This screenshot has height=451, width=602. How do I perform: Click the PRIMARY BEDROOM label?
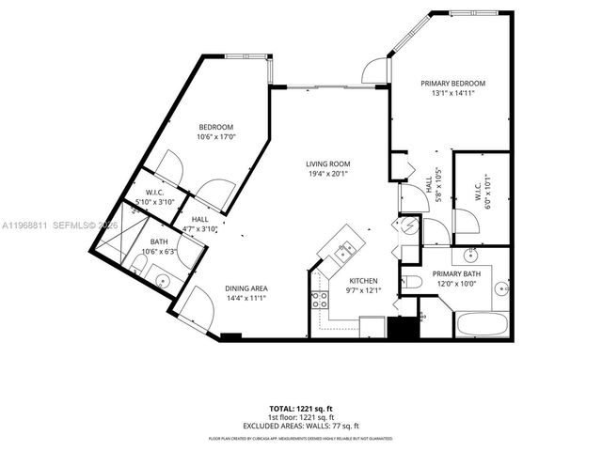451,83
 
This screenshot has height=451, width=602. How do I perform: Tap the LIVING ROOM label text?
327,163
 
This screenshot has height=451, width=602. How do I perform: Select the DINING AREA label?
246,288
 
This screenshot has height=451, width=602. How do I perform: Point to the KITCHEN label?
363,281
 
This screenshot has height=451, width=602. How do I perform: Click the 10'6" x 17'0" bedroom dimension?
215,137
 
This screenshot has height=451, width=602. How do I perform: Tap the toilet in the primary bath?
413,282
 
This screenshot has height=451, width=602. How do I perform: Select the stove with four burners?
320,301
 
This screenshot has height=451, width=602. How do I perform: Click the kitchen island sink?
345,250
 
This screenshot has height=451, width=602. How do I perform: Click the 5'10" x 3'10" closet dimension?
155,202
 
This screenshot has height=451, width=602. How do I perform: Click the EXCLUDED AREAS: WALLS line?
300,425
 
